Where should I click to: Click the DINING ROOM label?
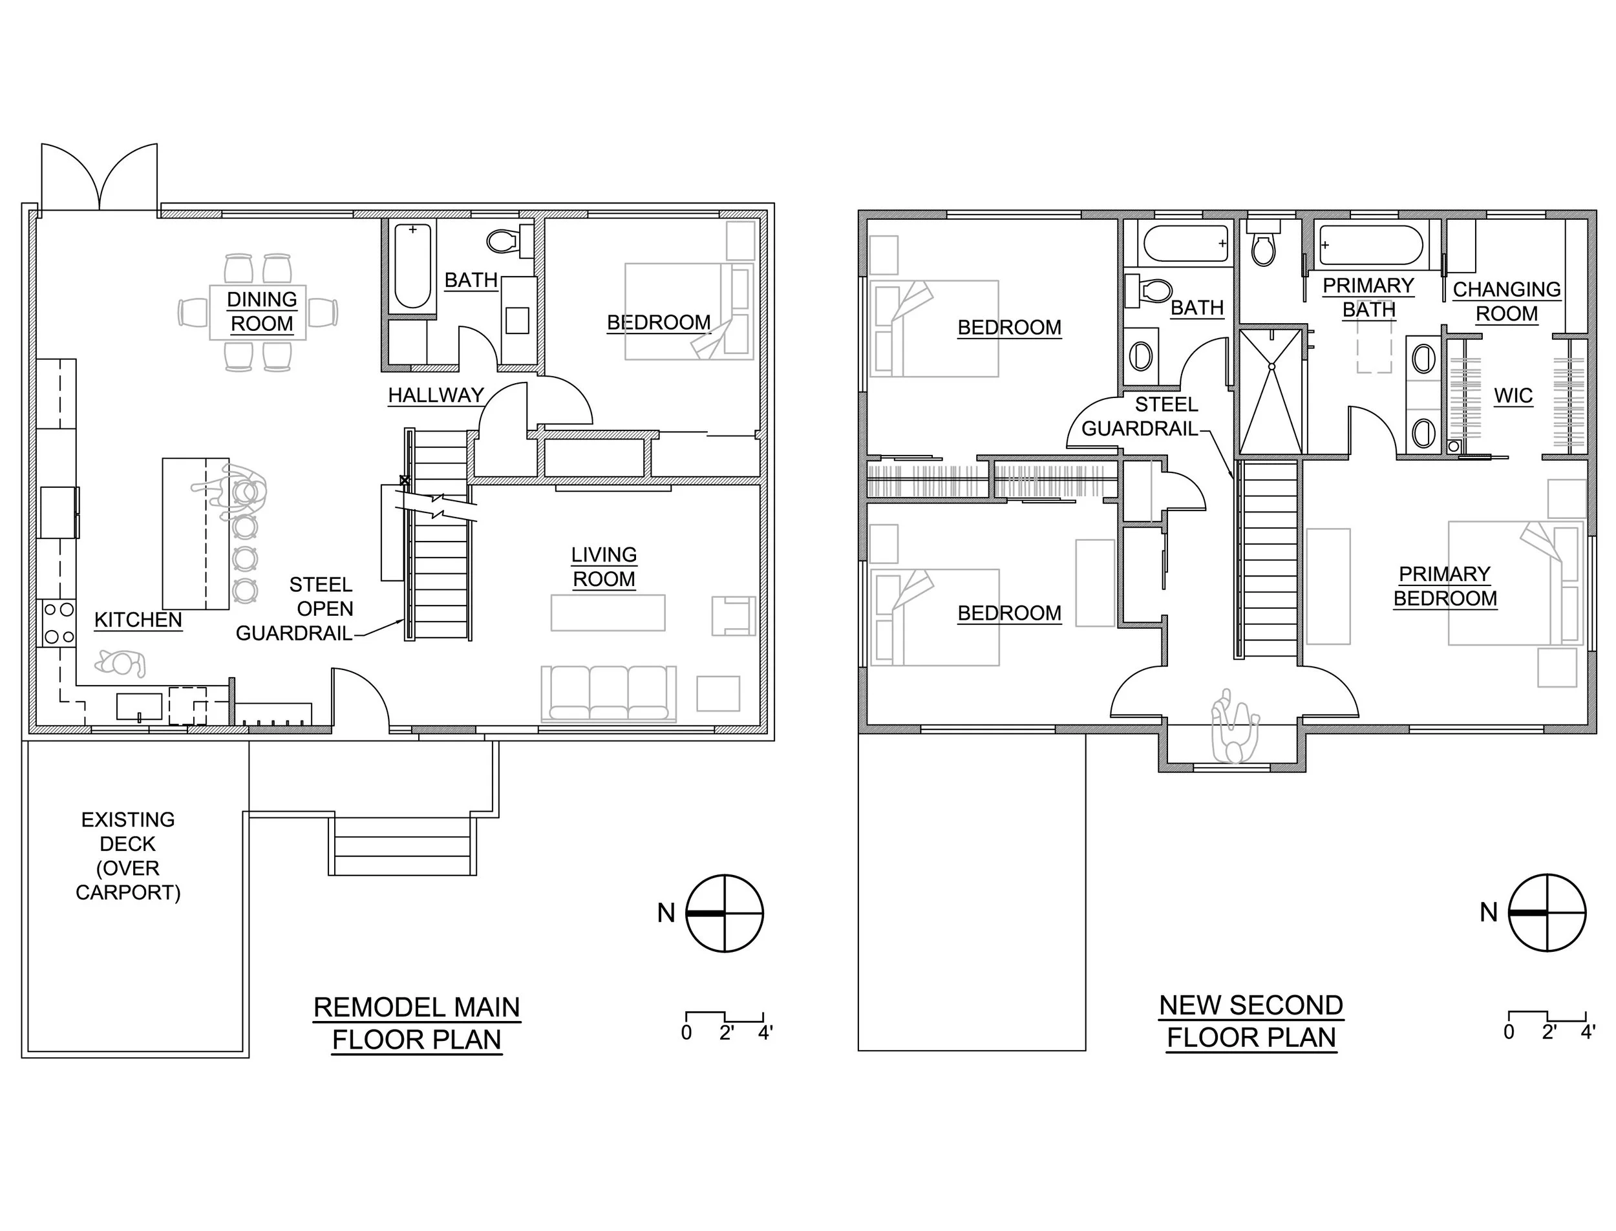[x=262, y=311]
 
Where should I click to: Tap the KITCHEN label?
[x=138, y=620]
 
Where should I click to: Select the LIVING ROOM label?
[x=604, y=567]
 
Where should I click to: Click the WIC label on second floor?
[x=1513, y=396]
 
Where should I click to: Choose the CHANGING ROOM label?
[x=1506, y=301]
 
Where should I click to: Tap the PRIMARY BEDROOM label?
[x=1445, y=586]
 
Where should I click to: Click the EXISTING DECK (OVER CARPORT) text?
[x=127, y=855]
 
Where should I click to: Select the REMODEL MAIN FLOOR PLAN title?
[x=416, y=1024]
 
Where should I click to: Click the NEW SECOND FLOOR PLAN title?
[x=1250, y=1022]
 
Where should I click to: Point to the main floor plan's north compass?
[x=724, y=913]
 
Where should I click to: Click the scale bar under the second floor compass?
[x=1546, y=1018]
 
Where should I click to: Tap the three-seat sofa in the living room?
[x=608, y=693]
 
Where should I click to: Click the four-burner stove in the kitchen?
[x=59, y=622]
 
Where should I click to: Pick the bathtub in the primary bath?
[x=1370, y=245]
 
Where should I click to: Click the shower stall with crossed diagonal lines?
[x=1271, y=392]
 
